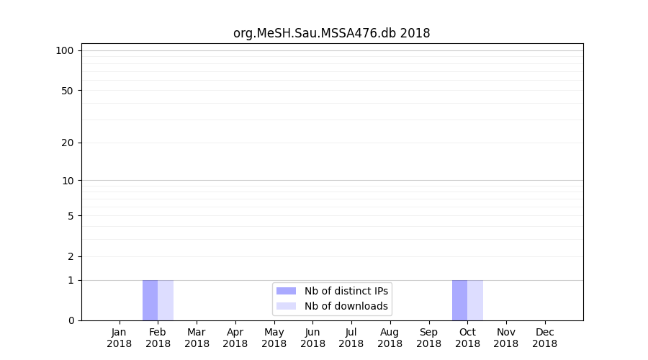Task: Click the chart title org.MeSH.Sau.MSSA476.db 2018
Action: [x=331, y=33]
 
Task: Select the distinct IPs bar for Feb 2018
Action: [x=150, y=300]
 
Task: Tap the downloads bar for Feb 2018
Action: [x=166, y=300]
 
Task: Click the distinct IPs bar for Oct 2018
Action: [x=459, y=300]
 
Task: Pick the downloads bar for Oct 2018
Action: [x=475, y=300]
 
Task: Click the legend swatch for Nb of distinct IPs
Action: [x=286, y=291]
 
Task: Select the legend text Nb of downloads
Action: [x=346, y=306]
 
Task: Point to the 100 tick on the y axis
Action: [x=66, y=50]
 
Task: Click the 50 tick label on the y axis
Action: [x=68, y=91]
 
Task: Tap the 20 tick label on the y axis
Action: [x=68, y=143]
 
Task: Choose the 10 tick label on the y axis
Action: [x=68, y=181]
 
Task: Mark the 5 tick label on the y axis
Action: [x=71, y=216]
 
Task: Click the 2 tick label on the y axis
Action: [x=71, y=256]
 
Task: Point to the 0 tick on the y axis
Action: [x=71, y=320]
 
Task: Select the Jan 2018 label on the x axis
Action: [x=120, y=338]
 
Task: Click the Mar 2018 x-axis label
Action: [x=197, y=338]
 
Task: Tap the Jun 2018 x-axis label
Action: [x=312, y=338]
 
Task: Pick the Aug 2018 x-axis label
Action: [x=390, y=338]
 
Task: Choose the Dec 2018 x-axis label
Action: [x=544, y=338]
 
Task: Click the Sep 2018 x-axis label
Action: [x=428, y=338]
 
